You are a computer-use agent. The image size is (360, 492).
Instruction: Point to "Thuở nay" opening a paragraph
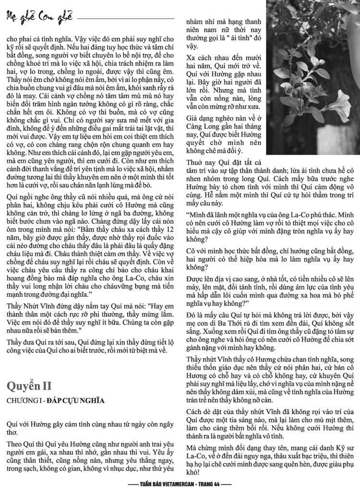pyautogui.click(x=199, y=162)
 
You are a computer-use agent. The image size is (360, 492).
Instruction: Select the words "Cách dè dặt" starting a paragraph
pyautogui.click(x=204, y=413)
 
